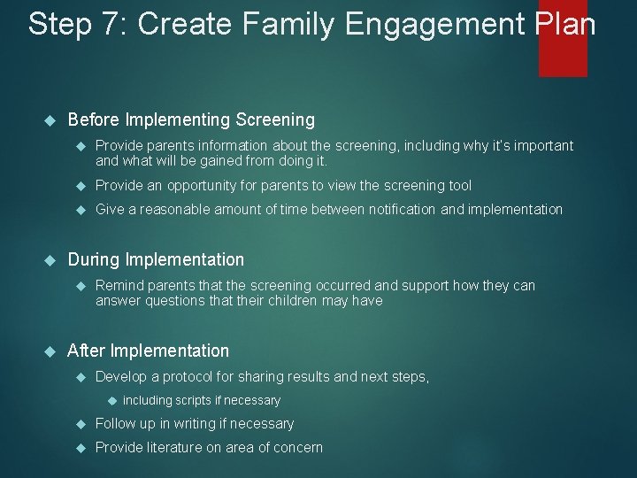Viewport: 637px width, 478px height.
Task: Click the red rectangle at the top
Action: pos(563,40)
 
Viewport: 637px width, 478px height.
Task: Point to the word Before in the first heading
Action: pos(94,119)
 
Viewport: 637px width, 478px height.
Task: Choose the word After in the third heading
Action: pos(87,351)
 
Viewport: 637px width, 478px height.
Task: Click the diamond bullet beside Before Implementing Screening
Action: pos(50,119)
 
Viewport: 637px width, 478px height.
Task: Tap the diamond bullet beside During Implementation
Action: pos(50,260)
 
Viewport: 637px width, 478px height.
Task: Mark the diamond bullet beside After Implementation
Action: pos(50,351)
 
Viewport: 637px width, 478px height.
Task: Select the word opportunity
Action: pos(203,186)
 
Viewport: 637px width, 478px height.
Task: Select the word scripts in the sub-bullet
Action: pos(193,401)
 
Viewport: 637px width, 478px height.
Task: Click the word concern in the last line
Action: pos(298,448)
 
